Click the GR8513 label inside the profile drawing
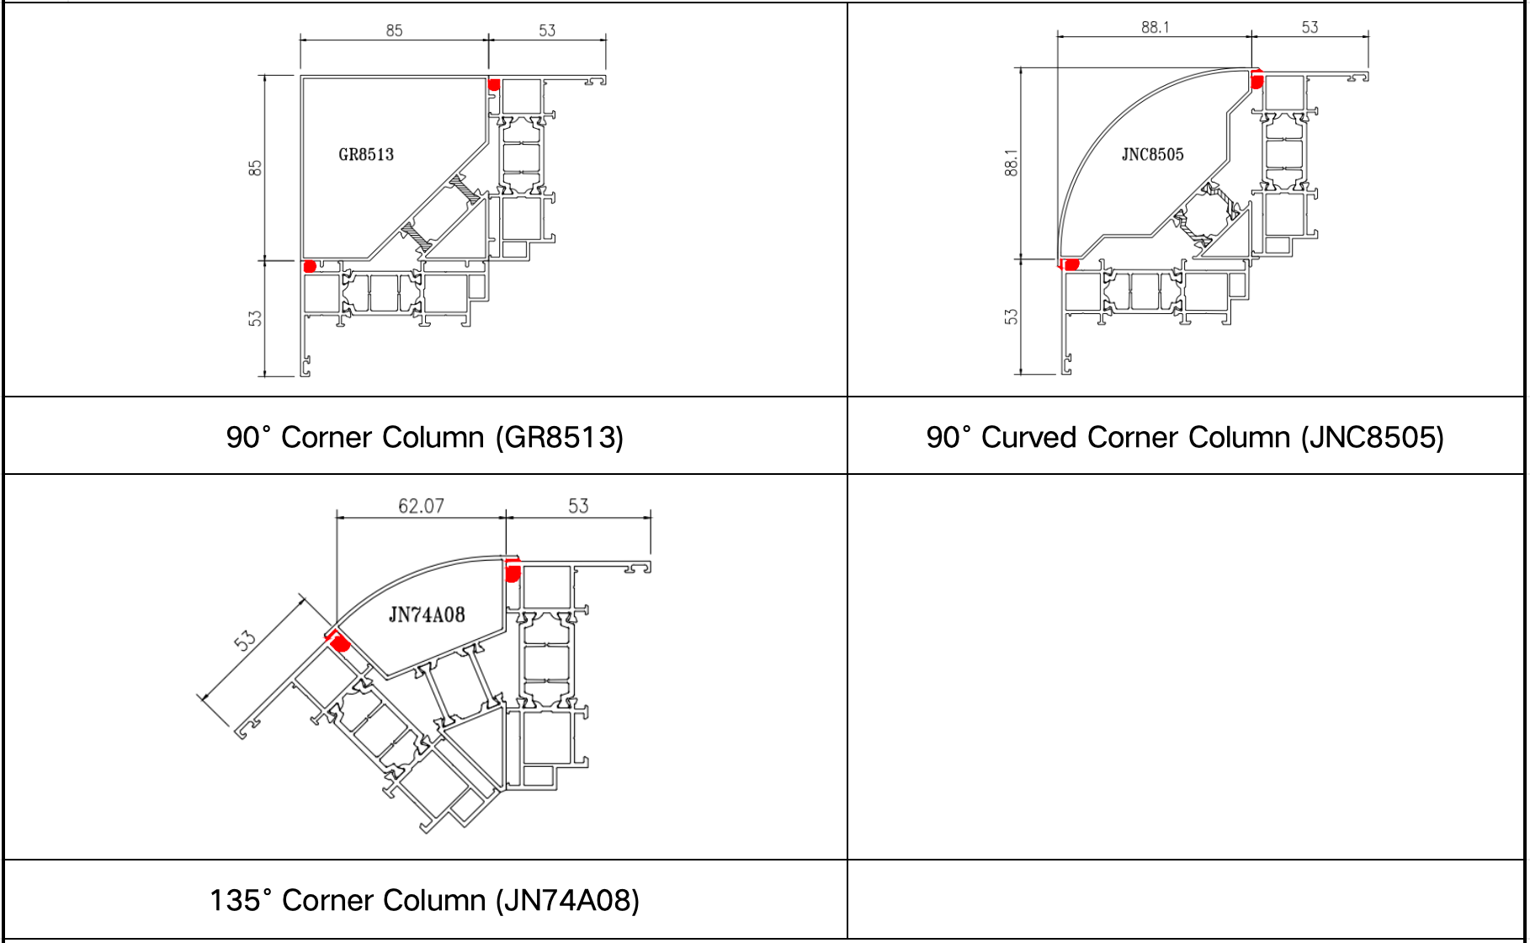(x=366, y=155)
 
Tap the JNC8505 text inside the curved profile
(x=1152, y=155)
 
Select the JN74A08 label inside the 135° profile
(x=427, y=615)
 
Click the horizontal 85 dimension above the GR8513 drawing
(x=394, y=31)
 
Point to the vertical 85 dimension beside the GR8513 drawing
(x=256, y=168)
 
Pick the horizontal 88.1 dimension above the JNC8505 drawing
(x=1155, y=28)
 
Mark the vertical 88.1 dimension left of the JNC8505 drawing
(x=1012, y=162)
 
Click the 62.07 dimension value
(x=421, y=506)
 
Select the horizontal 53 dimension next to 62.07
(x=578, y=506)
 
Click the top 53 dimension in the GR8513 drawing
(x=547, y=31)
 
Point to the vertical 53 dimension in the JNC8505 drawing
(x=1012, y=317)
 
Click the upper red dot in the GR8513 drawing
(x=494, y=85)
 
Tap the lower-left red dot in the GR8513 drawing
(x=310, y=267)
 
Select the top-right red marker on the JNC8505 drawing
(x=1256, y=81)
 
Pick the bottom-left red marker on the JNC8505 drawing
(x=1070, y=264)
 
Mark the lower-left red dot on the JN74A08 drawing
(x=340, y=644)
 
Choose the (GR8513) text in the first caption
(x=559, y=438)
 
